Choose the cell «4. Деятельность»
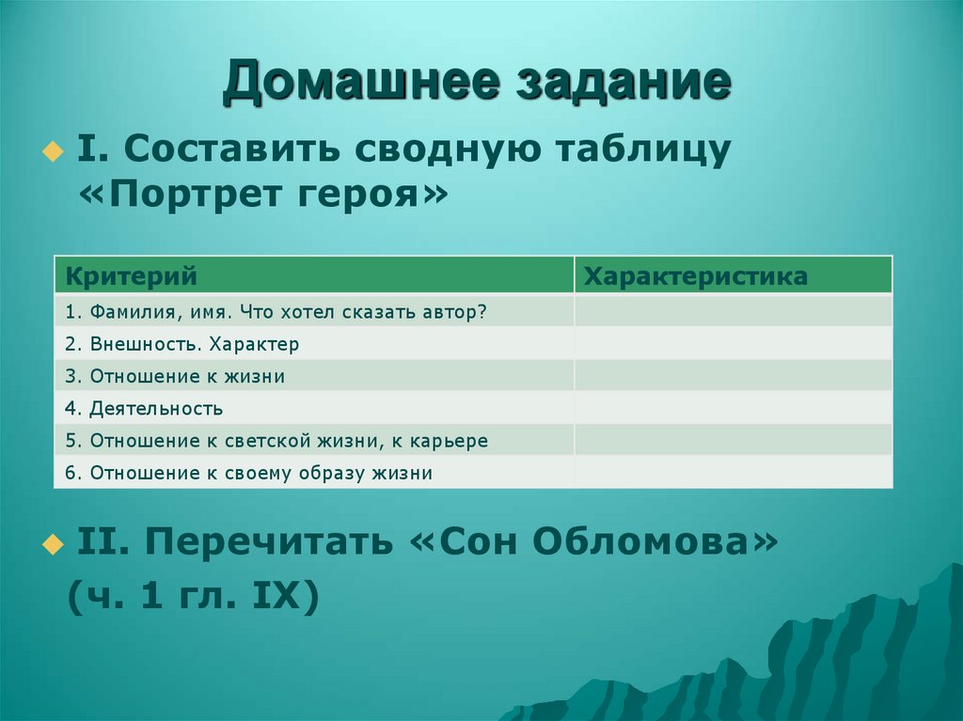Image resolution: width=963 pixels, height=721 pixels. [x=144, y=409]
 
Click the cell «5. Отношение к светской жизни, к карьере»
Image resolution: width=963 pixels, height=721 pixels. [x=276, y=441]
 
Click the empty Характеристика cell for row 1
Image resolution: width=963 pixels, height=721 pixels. [x=733, y=311]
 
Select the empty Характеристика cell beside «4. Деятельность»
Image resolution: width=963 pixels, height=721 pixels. [x=733, y=409]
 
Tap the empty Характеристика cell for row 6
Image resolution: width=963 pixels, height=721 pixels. [x=733, y=473]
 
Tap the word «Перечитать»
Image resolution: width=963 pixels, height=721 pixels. [x=269, y=542]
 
